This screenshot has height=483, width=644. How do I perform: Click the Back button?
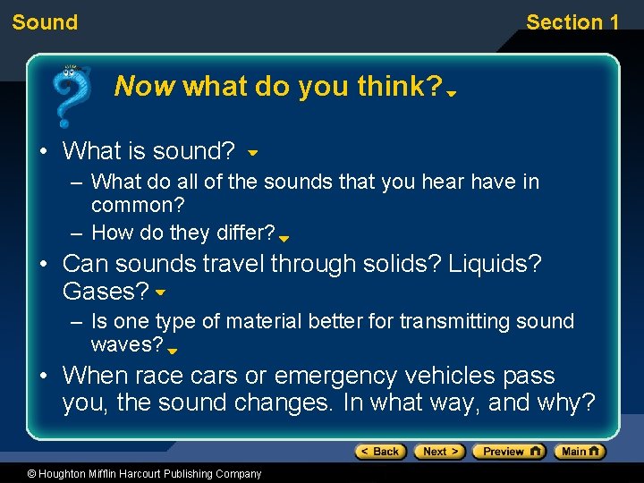380,452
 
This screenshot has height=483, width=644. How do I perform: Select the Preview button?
508,452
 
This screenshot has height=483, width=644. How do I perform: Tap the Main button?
579,452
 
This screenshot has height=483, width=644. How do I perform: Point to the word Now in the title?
146,87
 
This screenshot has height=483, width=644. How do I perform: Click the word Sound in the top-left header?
45,22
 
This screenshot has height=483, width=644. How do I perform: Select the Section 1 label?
572,22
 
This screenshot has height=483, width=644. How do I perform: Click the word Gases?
106,292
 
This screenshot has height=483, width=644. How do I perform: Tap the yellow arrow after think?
452,92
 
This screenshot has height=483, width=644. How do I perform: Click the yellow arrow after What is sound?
253,154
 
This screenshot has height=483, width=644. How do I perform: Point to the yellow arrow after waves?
173,352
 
